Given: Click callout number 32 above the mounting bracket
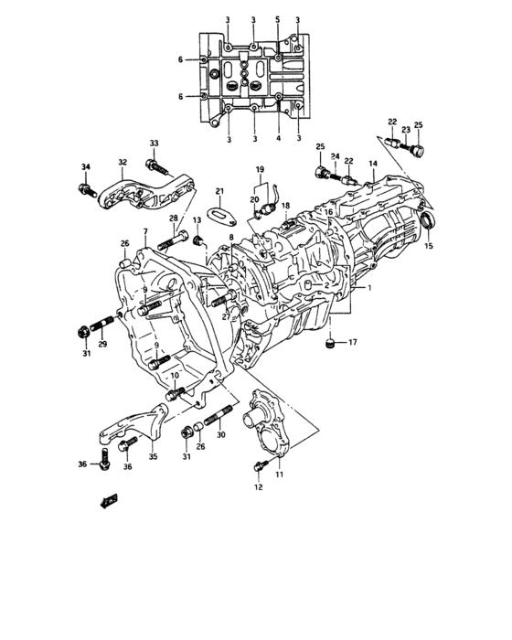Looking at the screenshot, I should (123, 162).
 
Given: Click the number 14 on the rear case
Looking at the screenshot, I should (373, 164).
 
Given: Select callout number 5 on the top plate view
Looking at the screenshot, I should (278, 19).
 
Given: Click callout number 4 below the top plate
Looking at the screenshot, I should (278, 139).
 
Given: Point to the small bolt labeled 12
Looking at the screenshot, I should (259, 466).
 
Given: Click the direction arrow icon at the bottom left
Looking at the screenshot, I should (109, 501).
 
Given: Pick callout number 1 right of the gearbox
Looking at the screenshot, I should (371, 287).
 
